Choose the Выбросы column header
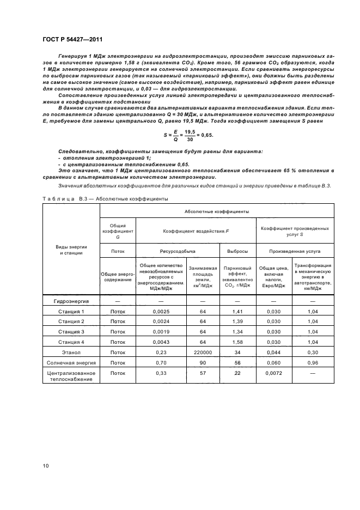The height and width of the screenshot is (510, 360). [x=237, y=251]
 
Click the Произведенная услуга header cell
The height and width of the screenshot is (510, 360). [x=295, y=251]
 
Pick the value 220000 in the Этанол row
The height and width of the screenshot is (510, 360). [x=202, y=353]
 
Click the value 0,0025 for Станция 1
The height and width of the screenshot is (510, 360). [x=161, y=312]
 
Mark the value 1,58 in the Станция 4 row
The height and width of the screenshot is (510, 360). [x=237, y=343]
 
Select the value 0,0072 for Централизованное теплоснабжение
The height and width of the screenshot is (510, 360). [x=274, y=373]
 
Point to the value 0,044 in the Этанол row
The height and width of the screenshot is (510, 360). [x=274, y=353]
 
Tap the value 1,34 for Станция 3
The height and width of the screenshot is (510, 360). [x=237, y=332]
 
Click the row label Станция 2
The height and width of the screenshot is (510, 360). [x=71, y=321]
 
